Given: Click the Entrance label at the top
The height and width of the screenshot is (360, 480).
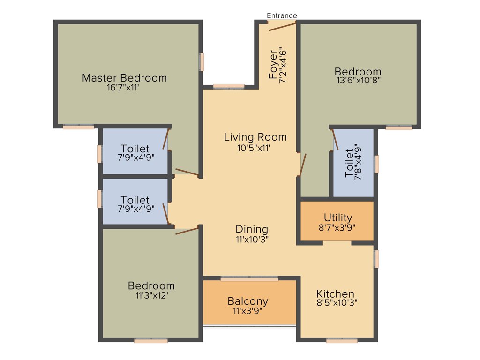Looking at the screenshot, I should click(x=282, y=15).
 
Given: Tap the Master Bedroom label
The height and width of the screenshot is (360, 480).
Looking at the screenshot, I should click(x=124, y=78).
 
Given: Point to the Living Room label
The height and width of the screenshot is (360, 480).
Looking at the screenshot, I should click(x=255, y=137).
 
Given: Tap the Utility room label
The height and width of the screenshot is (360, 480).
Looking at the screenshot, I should click(x=338, y=217).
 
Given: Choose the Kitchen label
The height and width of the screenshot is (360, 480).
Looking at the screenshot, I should click(x=335, y=294).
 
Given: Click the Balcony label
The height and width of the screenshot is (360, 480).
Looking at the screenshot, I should click(x=247, y=301).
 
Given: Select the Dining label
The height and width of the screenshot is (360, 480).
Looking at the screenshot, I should click(x=252, y=229).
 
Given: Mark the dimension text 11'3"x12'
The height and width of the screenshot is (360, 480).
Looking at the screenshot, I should click(x=151, y=295).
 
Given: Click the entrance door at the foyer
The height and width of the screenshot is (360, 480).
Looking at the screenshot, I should click(x=282, y=26).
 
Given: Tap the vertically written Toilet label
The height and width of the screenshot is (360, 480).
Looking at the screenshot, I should click(x=349, y=163).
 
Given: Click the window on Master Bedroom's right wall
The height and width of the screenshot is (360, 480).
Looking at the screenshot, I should click(x=202, y=62).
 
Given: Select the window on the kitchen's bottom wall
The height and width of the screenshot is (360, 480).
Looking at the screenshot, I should click(x=342, y=341).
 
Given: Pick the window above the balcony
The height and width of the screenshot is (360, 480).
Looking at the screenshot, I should click(x=249, y=278).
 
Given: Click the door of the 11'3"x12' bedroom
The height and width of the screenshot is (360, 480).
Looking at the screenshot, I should click(x=187, y=230).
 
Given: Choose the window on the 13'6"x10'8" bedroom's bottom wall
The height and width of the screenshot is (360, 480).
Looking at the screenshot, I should click(x=399, y=127).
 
